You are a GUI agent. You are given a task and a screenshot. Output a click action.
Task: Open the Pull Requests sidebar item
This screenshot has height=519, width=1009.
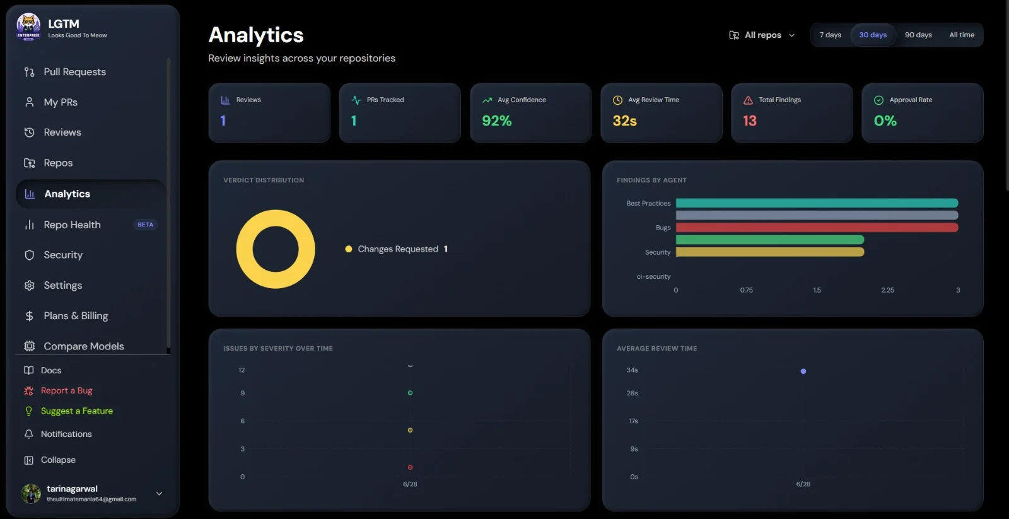66,72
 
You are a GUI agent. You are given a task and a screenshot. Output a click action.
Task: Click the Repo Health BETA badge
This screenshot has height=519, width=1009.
145,225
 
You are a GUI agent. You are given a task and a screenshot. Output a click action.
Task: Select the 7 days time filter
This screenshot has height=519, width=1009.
830,35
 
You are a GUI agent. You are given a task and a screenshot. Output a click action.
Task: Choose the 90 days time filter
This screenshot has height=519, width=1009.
918,35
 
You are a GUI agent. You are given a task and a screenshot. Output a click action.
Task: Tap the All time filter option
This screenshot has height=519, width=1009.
962,35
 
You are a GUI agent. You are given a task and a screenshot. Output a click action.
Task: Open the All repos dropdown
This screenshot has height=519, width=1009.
762,35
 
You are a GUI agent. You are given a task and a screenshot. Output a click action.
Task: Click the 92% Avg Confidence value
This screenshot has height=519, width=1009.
497,120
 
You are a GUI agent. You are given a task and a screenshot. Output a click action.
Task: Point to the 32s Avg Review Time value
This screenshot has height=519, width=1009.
624,120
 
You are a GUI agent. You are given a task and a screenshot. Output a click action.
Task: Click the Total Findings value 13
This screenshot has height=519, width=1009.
750,120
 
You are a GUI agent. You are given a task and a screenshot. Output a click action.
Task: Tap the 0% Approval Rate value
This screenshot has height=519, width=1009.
885,120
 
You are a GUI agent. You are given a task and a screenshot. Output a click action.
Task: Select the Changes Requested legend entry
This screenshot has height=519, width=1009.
397,248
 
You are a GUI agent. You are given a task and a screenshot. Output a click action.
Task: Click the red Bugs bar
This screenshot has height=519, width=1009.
817,228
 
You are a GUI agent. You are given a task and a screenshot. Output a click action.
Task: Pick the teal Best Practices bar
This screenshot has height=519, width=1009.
817,203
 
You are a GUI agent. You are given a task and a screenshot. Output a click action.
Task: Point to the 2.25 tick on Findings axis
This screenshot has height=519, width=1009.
887,290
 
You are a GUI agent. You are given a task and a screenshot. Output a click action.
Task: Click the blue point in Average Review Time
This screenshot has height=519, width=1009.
803,371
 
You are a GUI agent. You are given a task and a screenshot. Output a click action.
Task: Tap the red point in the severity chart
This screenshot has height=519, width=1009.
410,468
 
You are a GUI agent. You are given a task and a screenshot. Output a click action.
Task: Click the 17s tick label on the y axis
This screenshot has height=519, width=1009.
633,421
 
